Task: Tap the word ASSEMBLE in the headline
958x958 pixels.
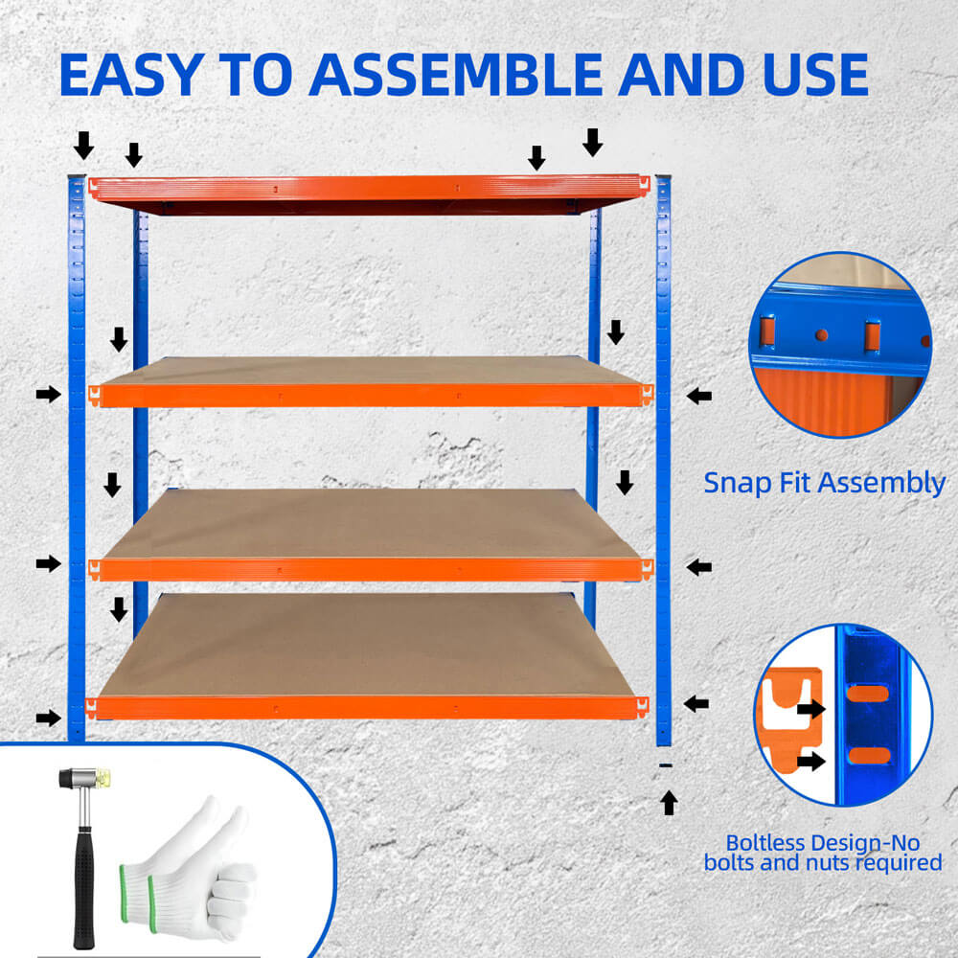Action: (x=456, y=75)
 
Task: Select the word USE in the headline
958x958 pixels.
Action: (x=815, y=75)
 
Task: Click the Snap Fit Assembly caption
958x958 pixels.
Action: (x=824, y=483)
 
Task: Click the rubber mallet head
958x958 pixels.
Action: (x=84, y=778)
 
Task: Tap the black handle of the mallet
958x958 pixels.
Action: (x=83, y=886)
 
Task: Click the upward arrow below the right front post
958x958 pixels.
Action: (x=669, y=802)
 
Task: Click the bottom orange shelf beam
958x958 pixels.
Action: (x=367, y=708)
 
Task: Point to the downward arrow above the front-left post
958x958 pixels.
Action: (x=83, y=146)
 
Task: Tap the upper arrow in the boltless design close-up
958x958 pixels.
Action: (x=810, y=709)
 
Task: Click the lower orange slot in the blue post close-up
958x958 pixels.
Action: (x=868, y=755)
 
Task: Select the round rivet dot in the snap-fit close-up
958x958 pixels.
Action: (x=822, y=334)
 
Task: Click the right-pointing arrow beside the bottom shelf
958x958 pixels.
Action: (x=48, y=718)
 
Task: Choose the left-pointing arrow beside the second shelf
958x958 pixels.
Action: (x=699, y=396)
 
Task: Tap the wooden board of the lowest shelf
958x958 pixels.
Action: (x=367, y=645)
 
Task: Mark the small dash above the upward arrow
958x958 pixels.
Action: (x=666, y=764)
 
